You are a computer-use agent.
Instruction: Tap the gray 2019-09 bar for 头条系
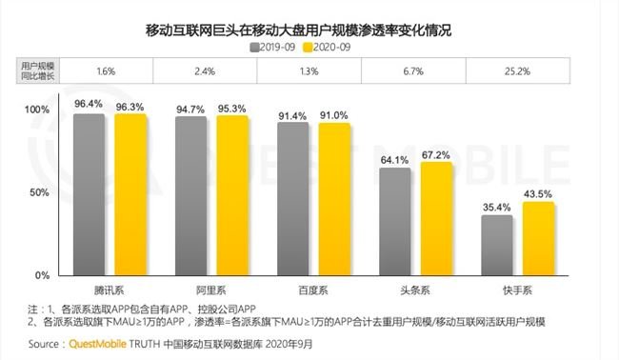click(395, 221)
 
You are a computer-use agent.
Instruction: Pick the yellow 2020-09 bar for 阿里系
click(231, 195)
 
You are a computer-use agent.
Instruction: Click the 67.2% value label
click(435, 154)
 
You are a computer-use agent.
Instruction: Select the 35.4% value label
click(497, 207)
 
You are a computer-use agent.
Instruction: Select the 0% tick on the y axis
click(42, 275)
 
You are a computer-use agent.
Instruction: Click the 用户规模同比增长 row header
click(37, 69)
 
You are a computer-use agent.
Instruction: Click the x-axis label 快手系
click(518, 288)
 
